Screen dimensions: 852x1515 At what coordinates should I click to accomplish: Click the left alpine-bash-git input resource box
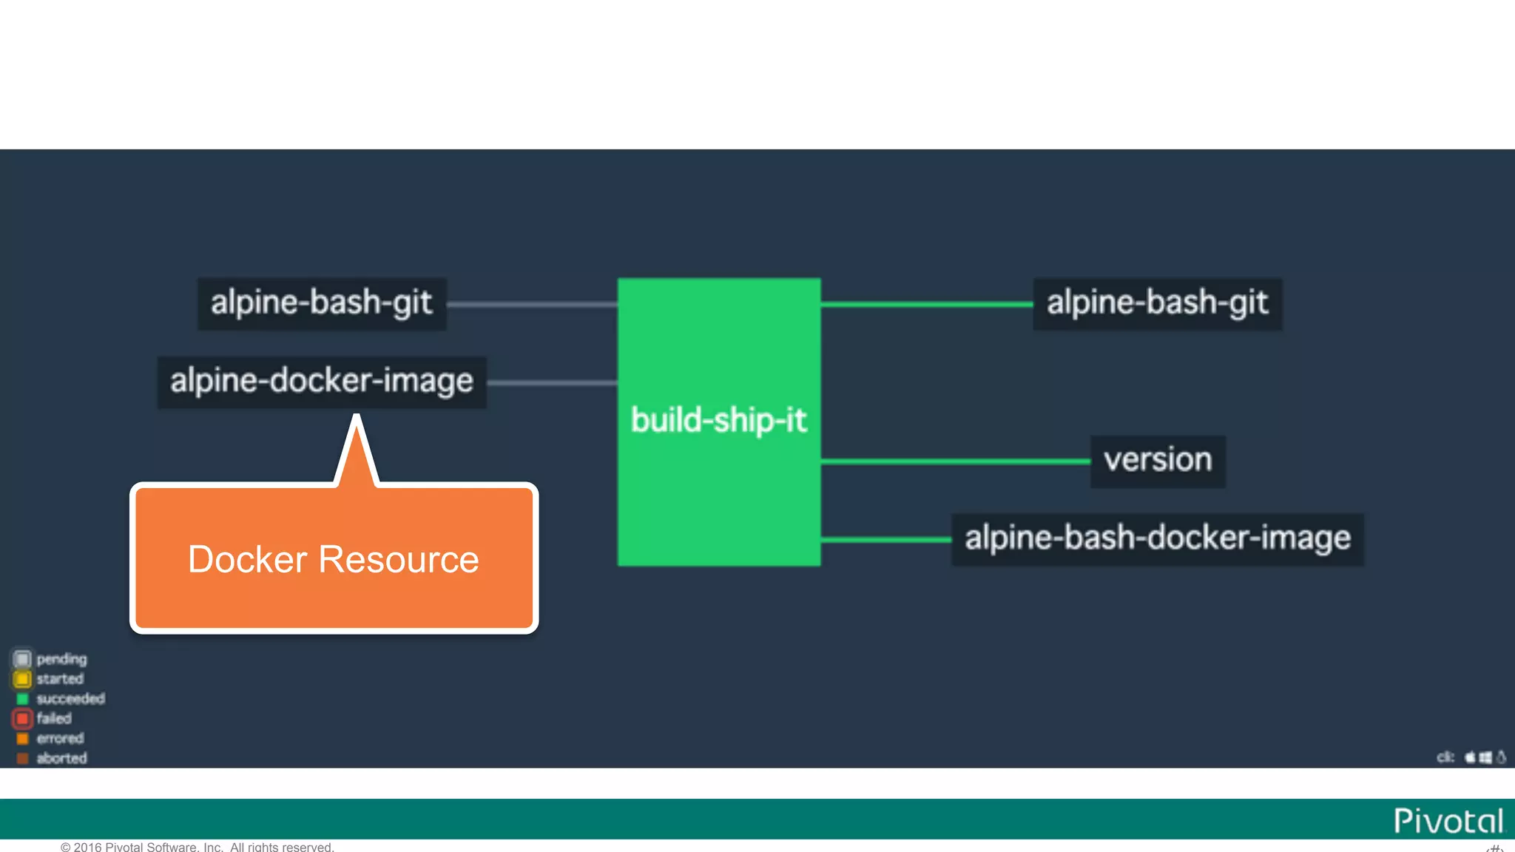click(322, 303)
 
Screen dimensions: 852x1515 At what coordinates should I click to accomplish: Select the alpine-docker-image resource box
click(322, 382)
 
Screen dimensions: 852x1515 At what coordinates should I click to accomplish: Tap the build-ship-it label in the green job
click(718, 421)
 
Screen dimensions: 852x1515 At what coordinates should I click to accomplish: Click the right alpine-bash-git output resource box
click(1157, 303)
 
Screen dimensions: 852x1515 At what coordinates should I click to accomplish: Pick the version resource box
click(1158, 461)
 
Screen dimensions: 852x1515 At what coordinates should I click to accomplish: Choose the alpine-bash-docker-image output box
click(1157, 538)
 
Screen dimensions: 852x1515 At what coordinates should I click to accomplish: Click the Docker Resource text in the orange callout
click(334, 559)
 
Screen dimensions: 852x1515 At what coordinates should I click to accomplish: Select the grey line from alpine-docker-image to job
click(552, 382)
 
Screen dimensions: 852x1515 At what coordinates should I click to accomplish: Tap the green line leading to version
click(954, 461)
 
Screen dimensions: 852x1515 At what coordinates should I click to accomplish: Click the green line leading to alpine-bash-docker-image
click(885, 540)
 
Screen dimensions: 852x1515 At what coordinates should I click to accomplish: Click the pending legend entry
click(61, 659)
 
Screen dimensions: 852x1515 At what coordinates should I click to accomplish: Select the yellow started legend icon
click(22, 679)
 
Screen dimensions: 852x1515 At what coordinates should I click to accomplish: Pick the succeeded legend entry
click(70, 699)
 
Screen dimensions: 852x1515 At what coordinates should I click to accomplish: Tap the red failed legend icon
click(22, 718)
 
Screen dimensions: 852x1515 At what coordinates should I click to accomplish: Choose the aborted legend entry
click(61, 758)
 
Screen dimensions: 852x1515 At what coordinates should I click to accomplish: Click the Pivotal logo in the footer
click(1448, 821)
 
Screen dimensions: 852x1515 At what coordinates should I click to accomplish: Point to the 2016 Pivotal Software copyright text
click(198, 847)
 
